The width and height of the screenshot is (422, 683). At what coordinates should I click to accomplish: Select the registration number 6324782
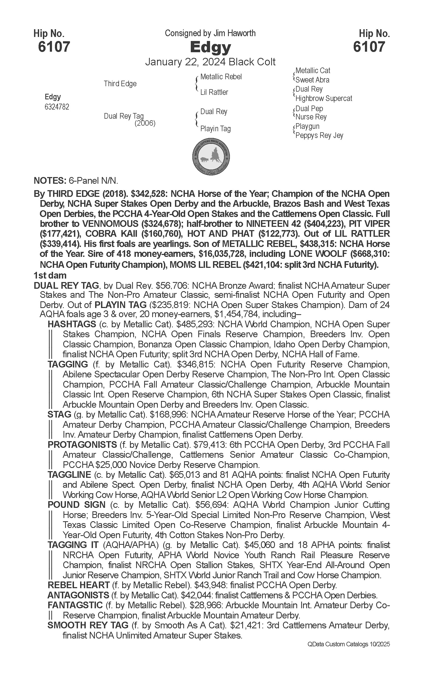[x=57, y=107]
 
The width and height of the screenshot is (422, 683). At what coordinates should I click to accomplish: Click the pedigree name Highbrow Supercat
[x=323, y=98]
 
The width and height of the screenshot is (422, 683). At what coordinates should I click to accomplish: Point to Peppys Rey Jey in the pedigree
[x=319, y=135]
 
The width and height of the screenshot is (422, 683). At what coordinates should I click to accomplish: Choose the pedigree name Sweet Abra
[x=312, y=80]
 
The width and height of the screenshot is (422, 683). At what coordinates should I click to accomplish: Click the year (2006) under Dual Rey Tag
[x=145, y=123]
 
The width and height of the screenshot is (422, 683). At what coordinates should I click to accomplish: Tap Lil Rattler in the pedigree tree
[x=214, y=92]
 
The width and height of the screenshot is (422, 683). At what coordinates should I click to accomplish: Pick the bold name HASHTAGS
[x=72, y=324]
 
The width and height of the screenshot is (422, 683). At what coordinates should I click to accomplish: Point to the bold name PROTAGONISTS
[x=82, y=444]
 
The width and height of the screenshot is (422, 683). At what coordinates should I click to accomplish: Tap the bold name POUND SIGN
[x=76, y=505]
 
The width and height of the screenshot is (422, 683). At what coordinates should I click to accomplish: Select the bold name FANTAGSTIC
[x=75, y=605]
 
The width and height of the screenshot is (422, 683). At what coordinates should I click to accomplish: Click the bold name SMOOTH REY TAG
[x=88, y=625]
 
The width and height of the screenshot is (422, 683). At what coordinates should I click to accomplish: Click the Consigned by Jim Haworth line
[x=210, y=33]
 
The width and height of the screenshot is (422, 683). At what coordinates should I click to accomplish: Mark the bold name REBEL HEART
[x=79, y=585]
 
